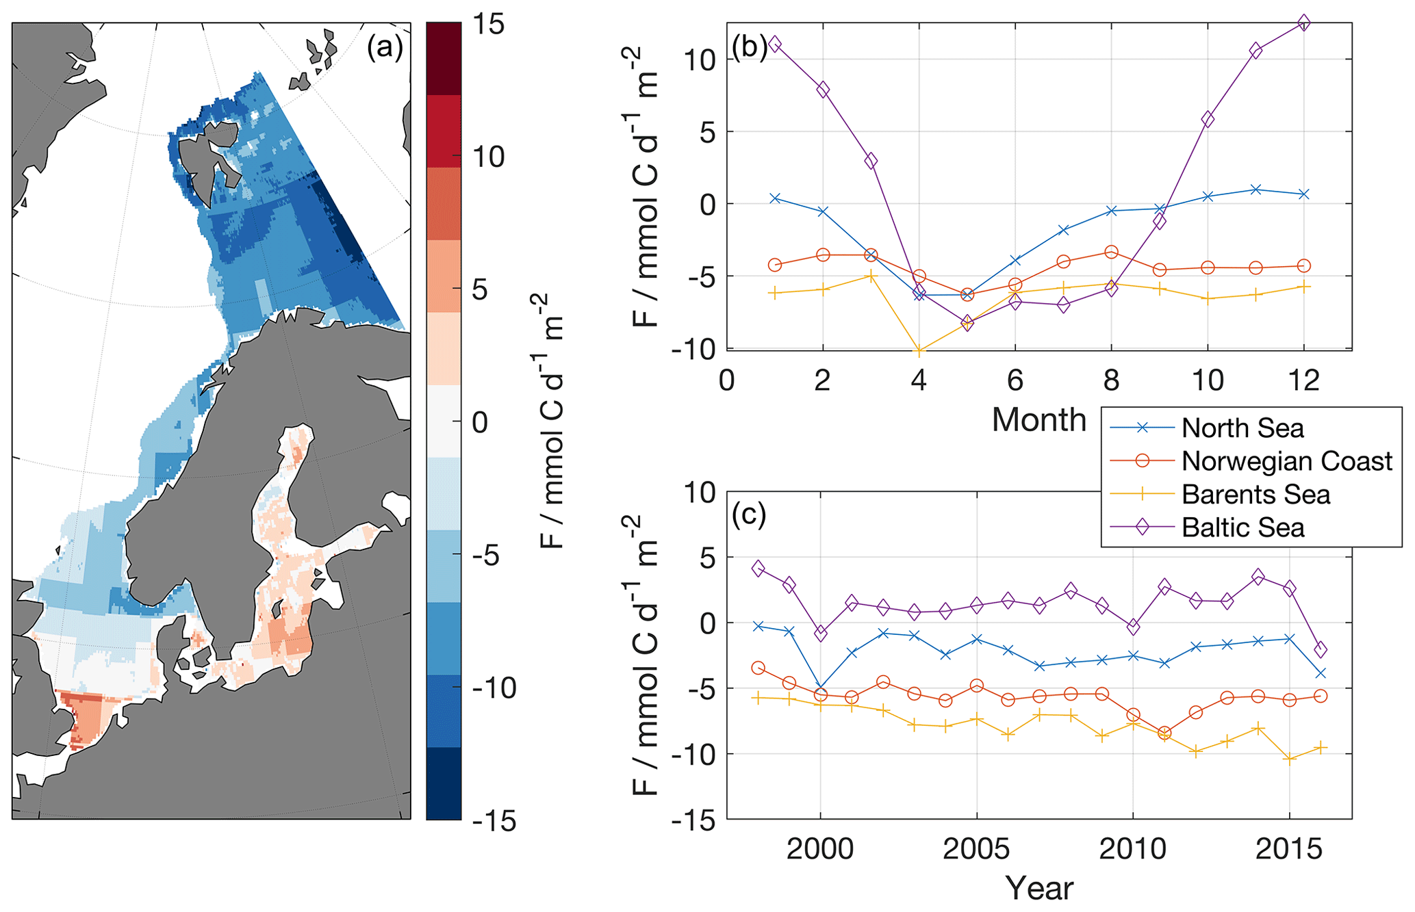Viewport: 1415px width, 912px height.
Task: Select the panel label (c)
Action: (749, 514)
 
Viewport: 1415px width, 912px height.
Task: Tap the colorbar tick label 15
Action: (488, 25)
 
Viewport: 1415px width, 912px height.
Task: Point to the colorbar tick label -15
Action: (494, 820)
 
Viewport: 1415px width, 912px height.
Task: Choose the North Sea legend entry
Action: (1242, 428)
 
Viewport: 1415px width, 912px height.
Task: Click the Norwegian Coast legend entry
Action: (1286, 461)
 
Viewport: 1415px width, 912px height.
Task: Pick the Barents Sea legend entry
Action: (1255, 494)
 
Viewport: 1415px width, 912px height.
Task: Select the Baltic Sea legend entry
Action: (1242, 527)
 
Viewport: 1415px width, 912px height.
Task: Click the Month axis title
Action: (1038, 419)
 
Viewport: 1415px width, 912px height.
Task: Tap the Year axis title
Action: (1038, 888)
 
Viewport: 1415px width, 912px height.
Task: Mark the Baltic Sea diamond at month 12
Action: (1303, 23)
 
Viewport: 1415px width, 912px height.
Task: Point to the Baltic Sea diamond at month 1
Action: (775, 44)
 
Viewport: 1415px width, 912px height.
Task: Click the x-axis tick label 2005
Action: (976, 849)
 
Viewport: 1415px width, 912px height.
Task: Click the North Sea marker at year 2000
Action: (820, 688)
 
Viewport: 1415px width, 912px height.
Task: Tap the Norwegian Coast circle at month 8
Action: (1111, 252)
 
